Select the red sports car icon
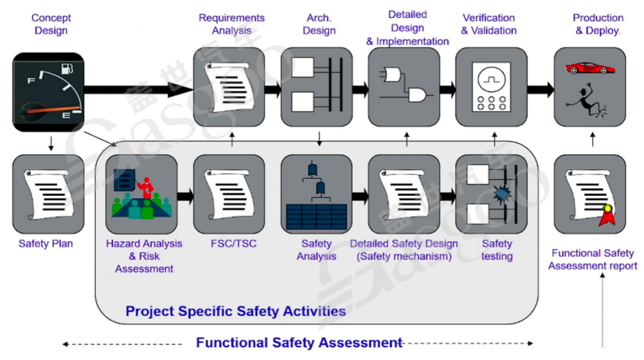coord(590,68)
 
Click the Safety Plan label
coord(46,244)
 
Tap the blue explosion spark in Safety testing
coord(501,192)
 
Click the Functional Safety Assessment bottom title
coord(299,342)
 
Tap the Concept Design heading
coord(51,25)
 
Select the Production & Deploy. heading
coord(597,25)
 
